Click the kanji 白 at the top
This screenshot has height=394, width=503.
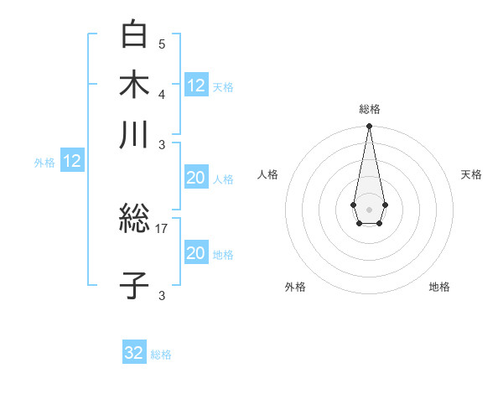[x=134, y=35]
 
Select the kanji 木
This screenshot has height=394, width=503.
[x=134, y=85]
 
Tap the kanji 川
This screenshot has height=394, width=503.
[x=134, y=135]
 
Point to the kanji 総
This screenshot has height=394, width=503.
[x=134, y=220]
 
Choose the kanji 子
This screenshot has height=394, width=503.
[x=134, y=285]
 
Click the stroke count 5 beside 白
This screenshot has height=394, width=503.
[x=162, y=44]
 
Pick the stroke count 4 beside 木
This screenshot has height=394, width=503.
[x=162, y=93]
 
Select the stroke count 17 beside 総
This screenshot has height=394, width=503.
[x=162, y=228]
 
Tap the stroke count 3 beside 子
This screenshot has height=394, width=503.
[x=162, y=294]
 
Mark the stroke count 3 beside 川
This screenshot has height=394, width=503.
[x=162, y=144]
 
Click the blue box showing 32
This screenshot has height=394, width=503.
[x=134, y=353]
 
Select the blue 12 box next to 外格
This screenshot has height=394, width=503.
[x=72, y=161]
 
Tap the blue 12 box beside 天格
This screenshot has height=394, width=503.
[x=196, y=85]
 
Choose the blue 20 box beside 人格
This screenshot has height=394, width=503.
[x=195, y=178]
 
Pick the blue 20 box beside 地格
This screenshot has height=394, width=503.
[x=195, y=253]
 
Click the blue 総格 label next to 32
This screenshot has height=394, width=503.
[x=161, y=355]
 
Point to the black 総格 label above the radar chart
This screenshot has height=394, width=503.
[x=369, y=109]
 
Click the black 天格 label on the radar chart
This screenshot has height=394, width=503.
[x=471, y=174]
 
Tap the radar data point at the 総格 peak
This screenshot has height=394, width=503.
[x=369, y=127]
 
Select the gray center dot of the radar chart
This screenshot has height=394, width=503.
[x=369, y=208]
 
